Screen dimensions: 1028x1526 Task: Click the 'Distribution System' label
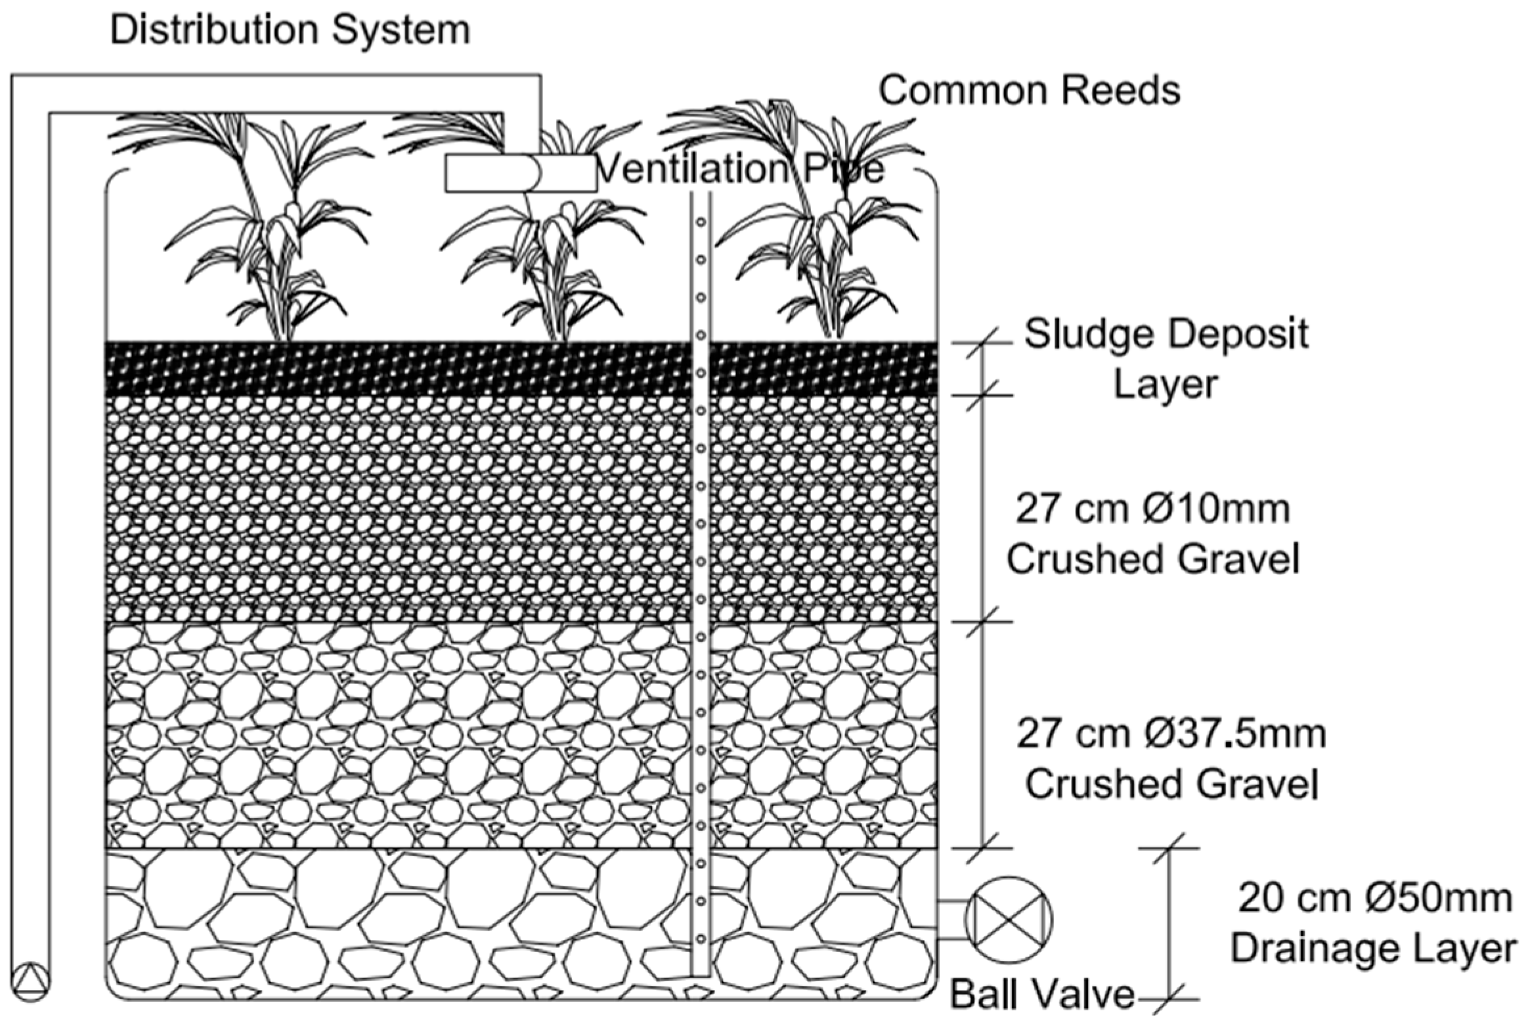pos(290,30)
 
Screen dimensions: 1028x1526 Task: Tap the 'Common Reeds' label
pos(1029,91)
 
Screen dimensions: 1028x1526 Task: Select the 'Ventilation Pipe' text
pos(741,169)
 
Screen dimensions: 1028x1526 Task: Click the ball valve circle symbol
pos(1008,918)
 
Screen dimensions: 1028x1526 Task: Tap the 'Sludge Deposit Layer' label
pos(1166,358)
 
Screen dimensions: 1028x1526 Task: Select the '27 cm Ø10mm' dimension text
pos(1153,509)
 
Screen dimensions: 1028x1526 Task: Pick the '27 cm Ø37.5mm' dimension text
pos(1171,734)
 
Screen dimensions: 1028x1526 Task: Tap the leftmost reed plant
pos(269,230)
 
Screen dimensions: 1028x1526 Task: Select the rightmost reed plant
pos(821,230)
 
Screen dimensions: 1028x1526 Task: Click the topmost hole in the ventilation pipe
pos(701,223)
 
